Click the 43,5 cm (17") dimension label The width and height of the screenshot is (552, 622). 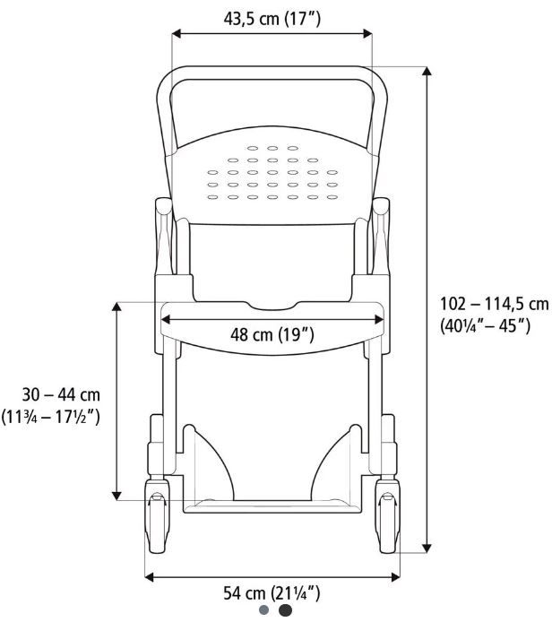[272, 19]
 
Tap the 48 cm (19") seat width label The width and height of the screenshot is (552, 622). [272, 334]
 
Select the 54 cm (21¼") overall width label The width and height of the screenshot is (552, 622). [272, 593]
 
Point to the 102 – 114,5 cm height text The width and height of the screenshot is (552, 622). [495, 304]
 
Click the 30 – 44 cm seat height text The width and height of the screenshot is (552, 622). [61, 394]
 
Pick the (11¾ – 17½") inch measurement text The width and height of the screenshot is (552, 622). [50, 417]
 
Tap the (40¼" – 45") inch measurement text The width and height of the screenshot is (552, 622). [485, 326]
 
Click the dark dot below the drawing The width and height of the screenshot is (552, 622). [285, 610]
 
